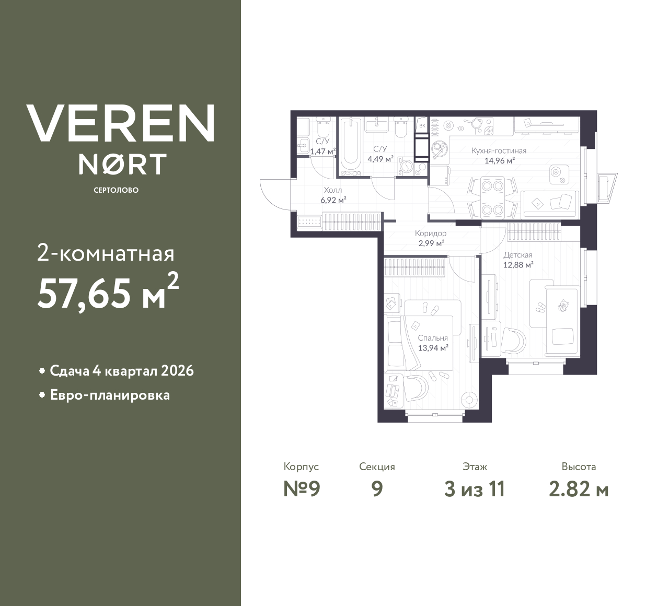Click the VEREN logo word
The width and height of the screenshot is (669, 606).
point(121,123)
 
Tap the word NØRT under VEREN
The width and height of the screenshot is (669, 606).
point(122,164)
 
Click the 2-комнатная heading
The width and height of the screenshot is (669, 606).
point(106,254)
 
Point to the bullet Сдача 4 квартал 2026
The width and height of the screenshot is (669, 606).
point(122,371)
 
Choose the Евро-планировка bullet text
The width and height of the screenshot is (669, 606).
point(110,395)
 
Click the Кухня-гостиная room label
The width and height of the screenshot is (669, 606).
point(499,150)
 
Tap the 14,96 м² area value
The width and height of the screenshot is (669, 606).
point(500,160)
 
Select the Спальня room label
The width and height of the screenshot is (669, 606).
point(433,338)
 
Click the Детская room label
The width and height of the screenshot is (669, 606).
point(518,255)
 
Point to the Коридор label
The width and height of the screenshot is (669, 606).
point(431,234)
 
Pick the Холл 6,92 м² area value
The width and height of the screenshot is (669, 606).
point(333,199)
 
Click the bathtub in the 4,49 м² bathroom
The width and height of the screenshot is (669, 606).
point(351,147)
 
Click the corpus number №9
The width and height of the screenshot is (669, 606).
point(302,489)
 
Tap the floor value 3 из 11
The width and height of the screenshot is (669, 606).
point(475,490)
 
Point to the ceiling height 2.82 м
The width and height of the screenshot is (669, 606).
point(579,490)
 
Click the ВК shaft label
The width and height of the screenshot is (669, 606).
point(422,126)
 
